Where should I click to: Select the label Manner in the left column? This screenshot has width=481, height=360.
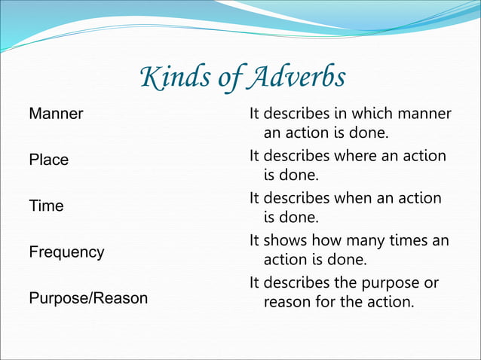56,114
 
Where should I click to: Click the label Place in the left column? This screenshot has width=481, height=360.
48,160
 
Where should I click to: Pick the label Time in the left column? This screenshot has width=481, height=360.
46,206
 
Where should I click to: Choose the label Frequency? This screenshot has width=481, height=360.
66,252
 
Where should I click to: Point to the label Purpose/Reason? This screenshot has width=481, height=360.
88,298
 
